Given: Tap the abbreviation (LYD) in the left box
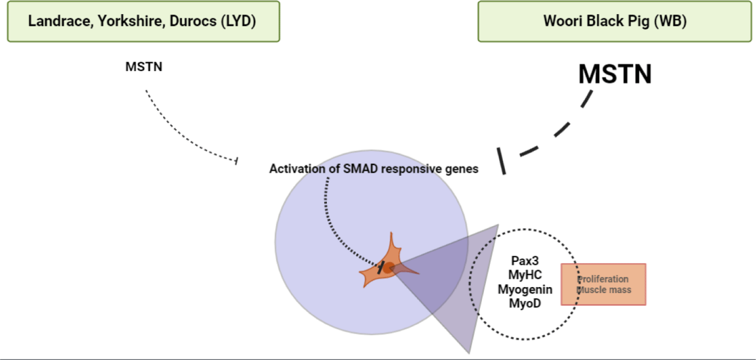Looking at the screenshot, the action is [x=239, y=22].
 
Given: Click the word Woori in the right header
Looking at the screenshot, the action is [x=563, y=21].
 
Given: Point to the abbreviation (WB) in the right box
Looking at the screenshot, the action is [x=670, y=21].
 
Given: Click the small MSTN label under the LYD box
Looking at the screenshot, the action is [x=144, y=67].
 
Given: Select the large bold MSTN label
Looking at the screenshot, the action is [x=615, y=74].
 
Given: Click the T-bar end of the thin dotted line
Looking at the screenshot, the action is [x=237, y=161].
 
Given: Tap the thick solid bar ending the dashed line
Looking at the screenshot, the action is [x=501, y=161].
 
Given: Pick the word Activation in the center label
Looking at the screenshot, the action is [x=297, y=169].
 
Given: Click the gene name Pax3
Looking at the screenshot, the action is [x=525, y=261].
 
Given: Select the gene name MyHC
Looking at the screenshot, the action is [x=525, y=275].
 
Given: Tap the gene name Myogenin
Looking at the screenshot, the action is [x=525, y=290].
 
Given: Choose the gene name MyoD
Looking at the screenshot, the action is [x=525, y=303].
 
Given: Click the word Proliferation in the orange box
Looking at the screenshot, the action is [x=603, y=279].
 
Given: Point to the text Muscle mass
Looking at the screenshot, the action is [x=604, y=290].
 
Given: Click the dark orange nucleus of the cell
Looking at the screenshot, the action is [x=389, y=268].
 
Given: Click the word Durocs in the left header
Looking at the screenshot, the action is [x=193, y=21].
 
